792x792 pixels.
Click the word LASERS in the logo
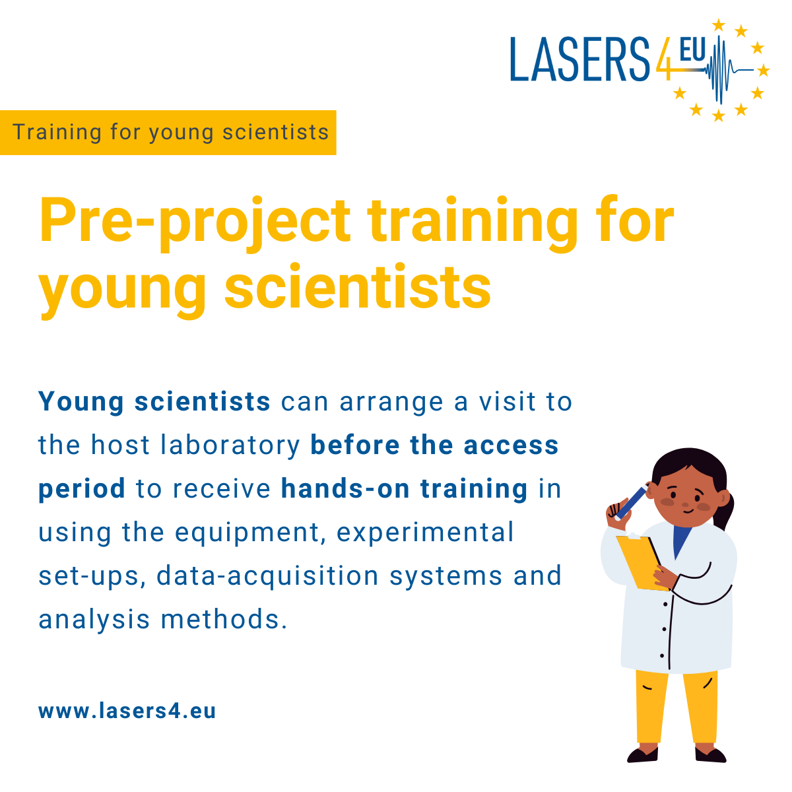pyautogui.click(x=579, y=59)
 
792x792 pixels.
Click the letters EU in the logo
pyautogui.click(x=692, y=49)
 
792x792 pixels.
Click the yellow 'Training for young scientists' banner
pyautogui.click(x=168, y=133)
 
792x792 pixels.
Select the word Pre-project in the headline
pyautogui.click(x=195, y=222)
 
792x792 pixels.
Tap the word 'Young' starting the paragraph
pyautogui.click(x=81, y=403)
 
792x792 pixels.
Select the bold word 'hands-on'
pyautogui.click(x=345, y=488)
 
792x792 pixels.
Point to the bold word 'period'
pyautogui.click(x=82, y=490)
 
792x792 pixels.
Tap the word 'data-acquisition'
pyautogui.click(x=267, y=576)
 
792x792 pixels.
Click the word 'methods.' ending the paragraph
pyautogui.click(x=224, y=619)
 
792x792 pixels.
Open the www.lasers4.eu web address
pyautogui.click(x=127, y=711)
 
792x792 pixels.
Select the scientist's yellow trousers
pyautogui.click(x=676, y=706)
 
